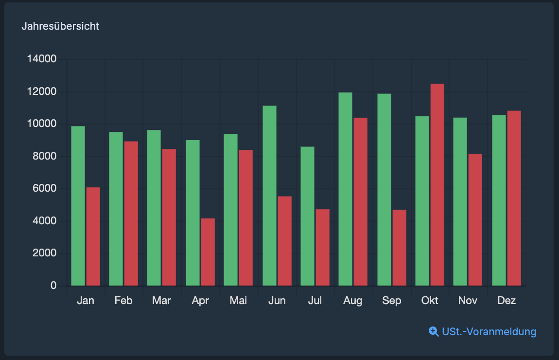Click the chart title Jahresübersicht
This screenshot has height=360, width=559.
(x=60, y=26)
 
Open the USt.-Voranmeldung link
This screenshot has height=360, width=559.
(x=489, y=332)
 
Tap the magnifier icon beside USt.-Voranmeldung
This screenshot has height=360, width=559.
(x=434, y=331)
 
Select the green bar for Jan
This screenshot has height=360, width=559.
(x=78, y=206)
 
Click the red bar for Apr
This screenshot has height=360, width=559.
(x=208, y=252)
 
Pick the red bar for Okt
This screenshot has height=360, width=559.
(x=437, y=185)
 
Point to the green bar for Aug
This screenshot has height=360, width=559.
(x=345, y=189)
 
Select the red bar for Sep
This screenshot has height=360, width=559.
(x=399, y=248)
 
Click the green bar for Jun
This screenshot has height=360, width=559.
(x=269, y=196)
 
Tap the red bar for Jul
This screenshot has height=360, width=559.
(x=322, y=248)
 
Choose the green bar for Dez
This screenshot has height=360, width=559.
(x=499, y=200)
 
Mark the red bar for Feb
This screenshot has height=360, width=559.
(x=131, y=214)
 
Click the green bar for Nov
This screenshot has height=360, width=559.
(x=460, y=202)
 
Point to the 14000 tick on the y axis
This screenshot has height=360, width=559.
(x=42, y=59)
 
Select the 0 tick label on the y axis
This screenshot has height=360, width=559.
(x=53, y=286)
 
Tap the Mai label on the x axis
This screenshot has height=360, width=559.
(x=238, y=301)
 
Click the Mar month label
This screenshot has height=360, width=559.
(x=161, y=301)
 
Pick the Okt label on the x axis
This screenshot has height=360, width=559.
(x=430, y=301)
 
